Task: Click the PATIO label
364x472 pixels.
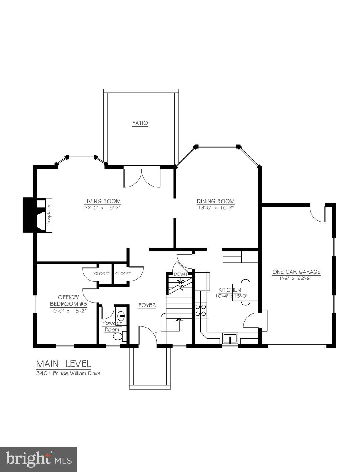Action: pyautogui.click(x=140, y=123)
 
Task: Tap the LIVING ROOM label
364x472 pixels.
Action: pyautogui.click(x=103, y=201)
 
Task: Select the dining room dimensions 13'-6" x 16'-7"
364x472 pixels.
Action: pyautogui.click(x=215, y=208)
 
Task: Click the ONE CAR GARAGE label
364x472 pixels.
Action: pyautogui.click(x=296, y=272)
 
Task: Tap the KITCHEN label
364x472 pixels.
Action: pyautogui.click(x=229, y=290)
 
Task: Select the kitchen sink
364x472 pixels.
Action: pyautogui.click(x=230, y=338)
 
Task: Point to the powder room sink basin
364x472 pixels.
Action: pyautogui.click(x=121, y=315)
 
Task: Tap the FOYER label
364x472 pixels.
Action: pyautogui.click(x=147, y=305)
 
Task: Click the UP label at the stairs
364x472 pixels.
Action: pyautogui.click(x=157, y=331)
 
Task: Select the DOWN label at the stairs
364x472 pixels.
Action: pyautogui.click(x=178, y=274)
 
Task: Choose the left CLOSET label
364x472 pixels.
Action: pyautogui.click(x=102, y=273)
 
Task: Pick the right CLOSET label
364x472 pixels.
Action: pyautogui.click(x=123, y=273)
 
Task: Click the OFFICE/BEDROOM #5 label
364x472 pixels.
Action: pyautogui.click(x=68, y=301)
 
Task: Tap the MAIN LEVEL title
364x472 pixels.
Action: pyautogui.click(x=64, y=364)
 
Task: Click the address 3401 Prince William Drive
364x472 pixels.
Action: pyautogui.click(x=68, y=373)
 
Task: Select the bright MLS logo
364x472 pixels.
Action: pyautogui.click(x=38, y=459)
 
